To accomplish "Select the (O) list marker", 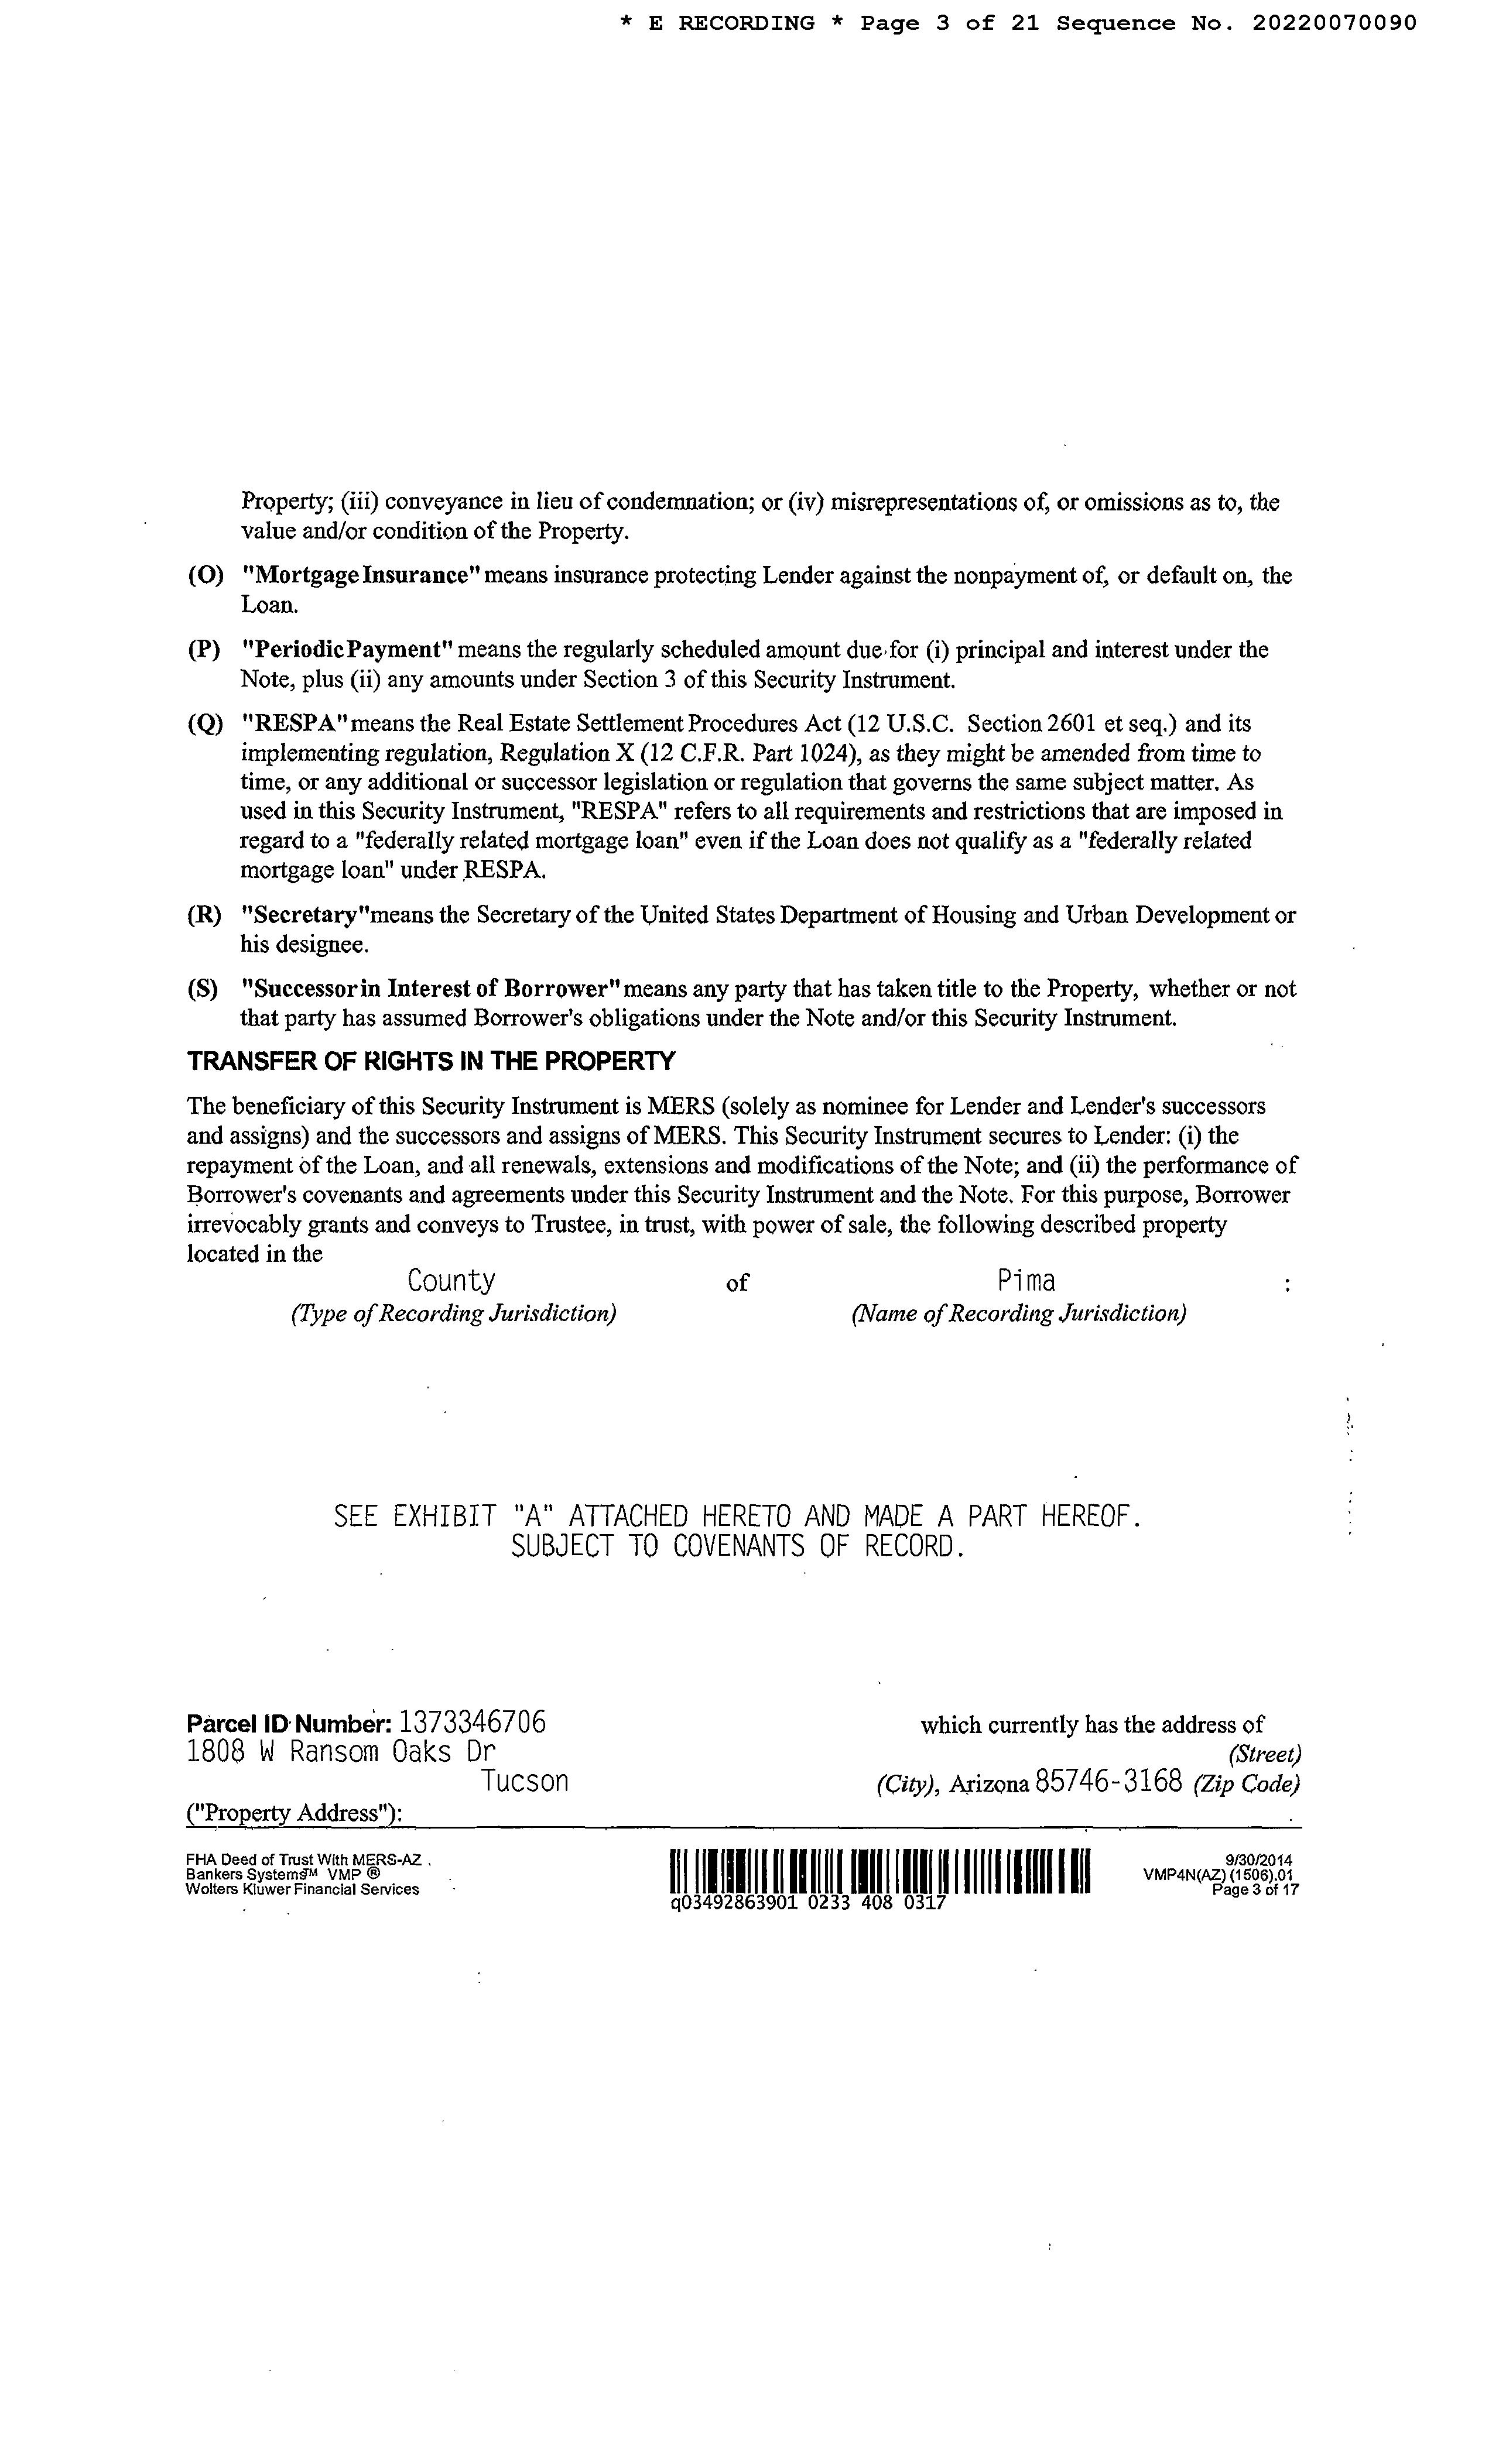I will pyautogui.click(x=205, y=577).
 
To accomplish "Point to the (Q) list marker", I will pyautogui.click(x=205, y=725).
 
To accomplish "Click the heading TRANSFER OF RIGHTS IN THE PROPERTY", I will pyautogui.click(x=431, y=1062).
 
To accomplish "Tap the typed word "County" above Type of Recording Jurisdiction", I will pyautogui.click(x=451, y=1281).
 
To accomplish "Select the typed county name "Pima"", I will pyautogui.click(x=1026, y=1281).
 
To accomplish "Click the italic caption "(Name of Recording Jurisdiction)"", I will pyautogui.click(x=1018, y=1313).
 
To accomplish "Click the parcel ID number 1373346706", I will pyautogui.click(x=473, y=1723).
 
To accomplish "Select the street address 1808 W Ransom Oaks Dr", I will pyautogui.click(x=341, y=1751).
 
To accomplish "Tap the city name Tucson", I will pyautogui.click(x=525, y=1781).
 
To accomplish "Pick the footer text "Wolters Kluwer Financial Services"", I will pyautogui.click(x=302, y=1889).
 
